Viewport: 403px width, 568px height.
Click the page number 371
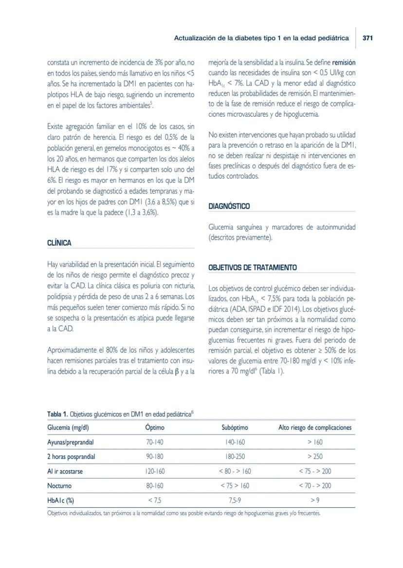coord(367,38)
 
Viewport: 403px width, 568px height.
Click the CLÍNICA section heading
coord(59,243)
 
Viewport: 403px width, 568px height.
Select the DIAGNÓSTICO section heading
coord(229,206)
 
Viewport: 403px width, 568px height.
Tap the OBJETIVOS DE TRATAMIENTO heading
coord(252,267)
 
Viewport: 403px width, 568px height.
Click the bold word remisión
coord(344,63)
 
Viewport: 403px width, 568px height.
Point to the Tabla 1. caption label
coord(57,414)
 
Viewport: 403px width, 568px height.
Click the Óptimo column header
coord(155,428)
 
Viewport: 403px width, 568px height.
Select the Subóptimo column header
coord(235,428)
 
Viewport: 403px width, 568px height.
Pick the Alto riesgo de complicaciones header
coord(314,428)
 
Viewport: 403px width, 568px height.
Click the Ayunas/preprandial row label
coord(70,442)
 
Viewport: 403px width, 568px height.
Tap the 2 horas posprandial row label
coord(71,457)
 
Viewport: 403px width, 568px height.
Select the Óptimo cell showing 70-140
coord(155,442)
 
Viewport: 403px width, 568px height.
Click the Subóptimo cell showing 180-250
coord(235,457)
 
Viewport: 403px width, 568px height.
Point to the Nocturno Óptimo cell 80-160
coord(155,485)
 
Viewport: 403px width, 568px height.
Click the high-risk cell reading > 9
coord(314,500)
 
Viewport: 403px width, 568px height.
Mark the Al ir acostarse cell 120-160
coord(155,471)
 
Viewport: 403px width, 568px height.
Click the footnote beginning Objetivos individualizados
coord(183,513)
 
